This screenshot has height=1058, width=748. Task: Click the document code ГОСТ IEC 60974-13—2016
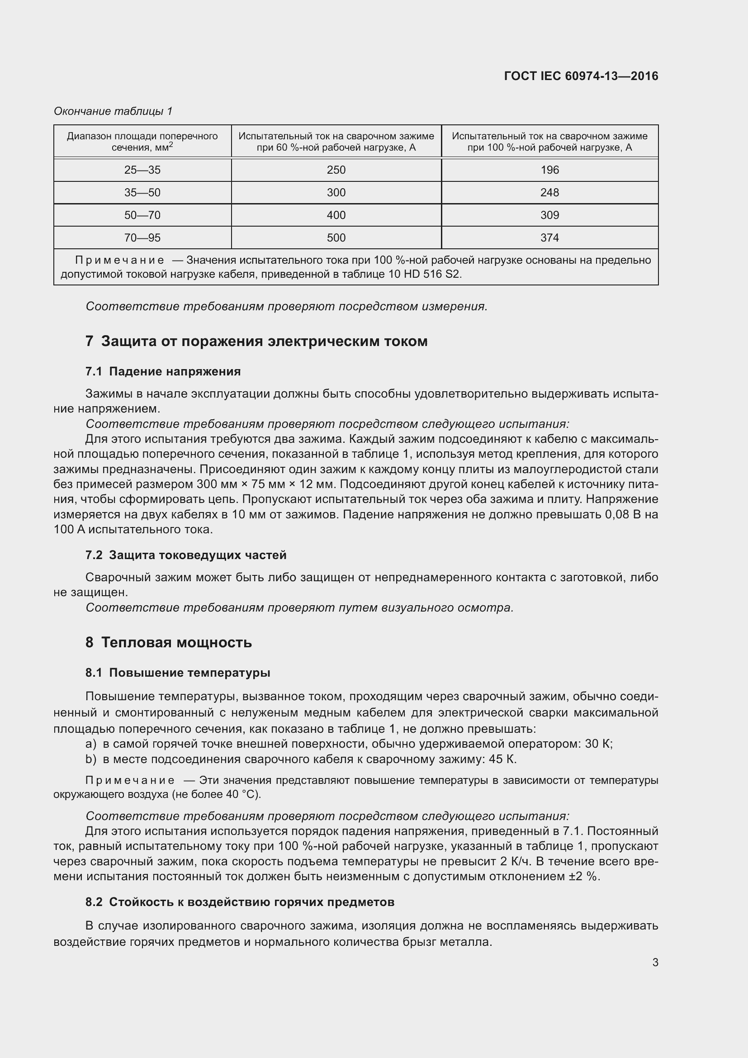(581, 76)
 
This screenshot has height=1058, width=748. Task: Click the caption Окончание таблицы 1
(113, 111)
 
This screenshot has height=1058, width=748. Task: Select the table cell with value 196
(549, 170)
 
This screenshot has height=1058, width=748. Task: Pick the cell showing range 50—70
(142, 215)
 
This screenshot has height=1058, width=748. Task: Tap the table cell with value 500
(336, 238)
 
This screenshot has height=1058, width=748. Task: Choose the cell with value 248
(549, 193)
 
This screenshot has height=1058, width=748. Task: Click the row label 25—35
(142, 170)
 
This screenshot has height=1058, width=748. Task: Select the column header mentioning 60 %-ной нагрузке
(336, 142)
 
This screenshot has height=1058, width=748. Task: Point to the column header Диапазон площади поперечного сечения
(142, 142)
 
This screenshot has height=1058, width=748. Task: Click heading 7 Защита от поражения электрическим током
(256, 342)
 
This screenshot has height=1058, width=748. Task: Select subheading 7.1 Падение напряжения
(163, 371)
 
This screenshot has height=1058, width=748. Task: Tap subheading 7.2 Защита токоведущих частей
(185, 555)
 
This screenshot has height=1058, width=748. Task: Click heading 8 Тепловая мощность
(169, 642)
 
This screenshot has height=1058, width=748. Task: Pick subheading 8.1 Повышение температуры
(178, 673)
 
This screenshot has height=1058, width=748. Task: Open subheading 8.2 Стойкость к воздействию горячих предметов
(240, 902)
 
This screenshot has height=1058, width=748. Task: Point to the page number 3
(655, 963)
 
